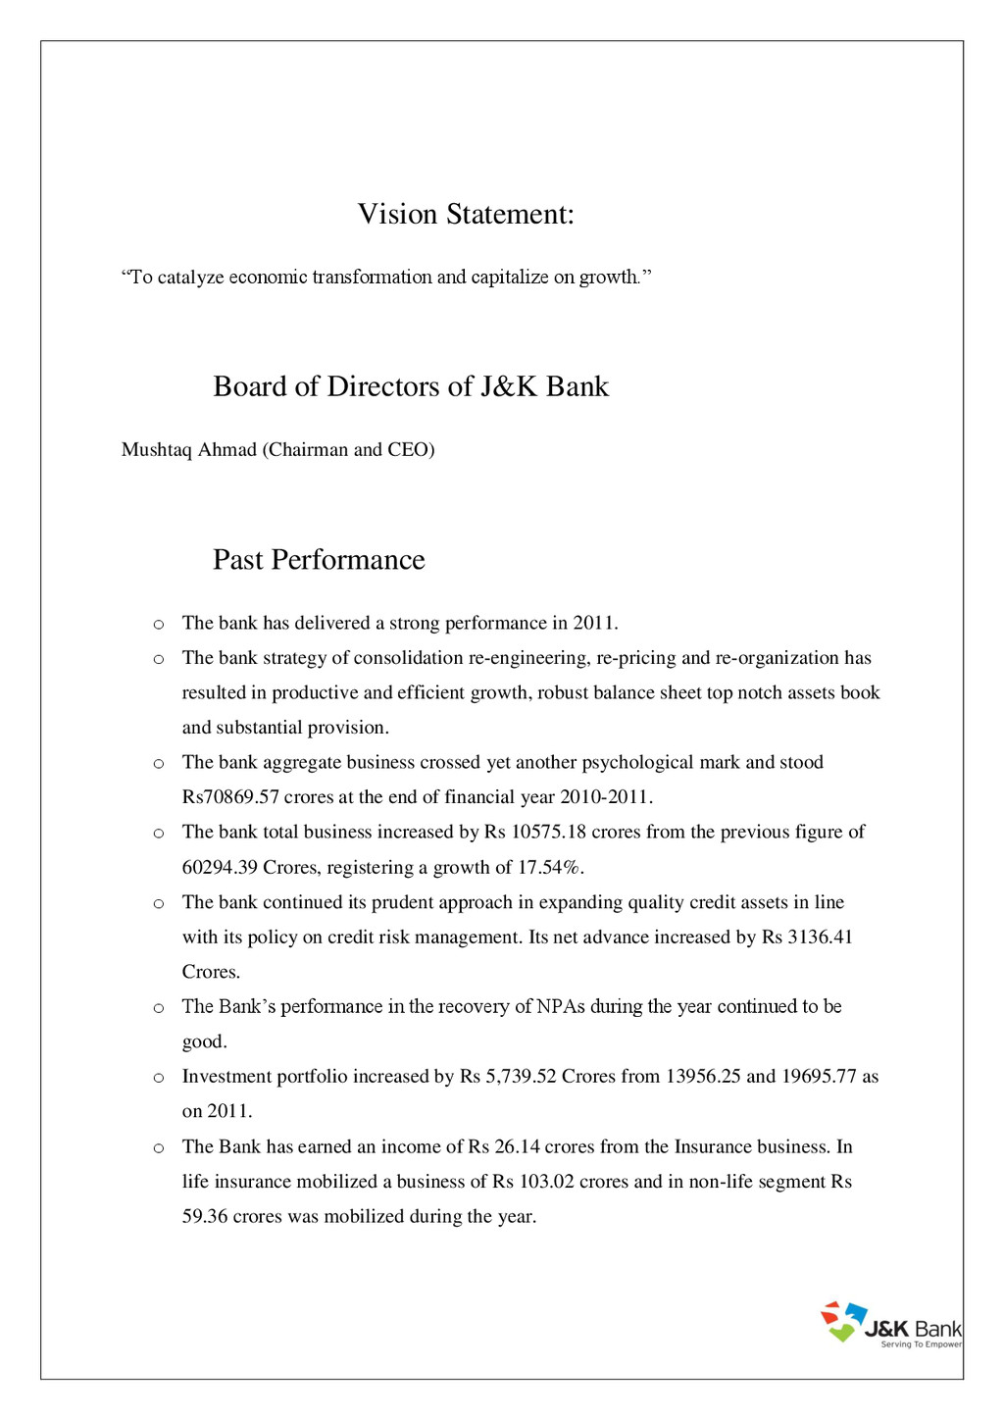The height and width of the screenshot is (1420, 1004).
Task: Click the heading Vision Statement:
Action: [x=466, y=214]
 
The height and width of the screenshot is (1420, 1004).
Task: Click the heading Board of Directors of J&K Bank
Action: [x=411, y=386]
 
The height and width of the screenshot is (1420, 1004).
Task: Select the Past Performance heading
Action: [x=319, y=560]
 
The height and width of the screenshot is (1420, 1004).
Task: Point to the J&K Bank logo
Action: [x=890, y=1325]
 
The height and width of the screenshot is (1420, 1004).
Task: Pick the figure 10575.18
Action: [x=549, y=833]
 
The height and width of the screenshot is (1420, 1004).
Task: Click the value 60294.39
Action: [x=220, y=867]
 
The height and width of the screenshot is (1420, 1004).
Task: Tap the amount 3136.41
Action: [x=821, y=938]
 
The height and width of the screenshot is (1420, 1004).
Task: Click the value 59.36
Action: [x=205, y=1217]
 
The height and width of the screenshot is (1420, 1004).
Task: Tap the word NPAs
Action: [x=561, y=1007]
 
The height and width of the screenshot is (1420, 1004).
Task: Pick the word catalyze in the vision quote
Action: [x=190, y=278]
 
